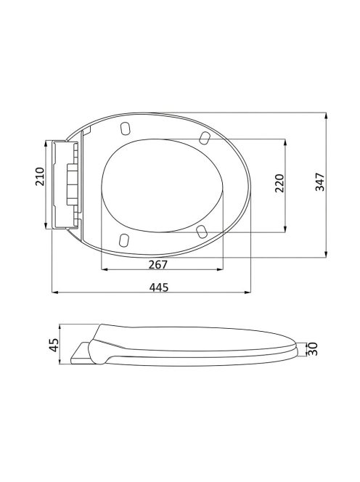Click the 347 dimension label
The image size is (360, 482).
pyautogui.click(x=320, y=182)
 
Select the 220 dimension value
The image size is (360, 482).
pyautogui.click(x=279, y=183)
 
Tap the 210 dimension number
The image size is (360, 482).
pyautogui.click(x=40, y=176)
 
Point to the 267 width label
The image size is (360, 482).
pyautogui.click(x=158, y=264)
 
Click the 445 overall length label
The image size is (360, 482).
pyautogui.click(x=159, y=287)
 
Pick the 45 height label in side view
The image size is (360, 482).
pyautogui.click(x=54, y=345)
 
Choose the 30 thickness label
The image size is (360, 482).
pyautogui.click(x=313, y=349)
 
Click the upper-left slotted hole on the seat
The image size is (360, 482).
pyautogui.click(x=125, y=128)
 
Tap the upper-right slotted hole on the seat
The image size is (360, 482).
pyautogui.click(x=205, y=137)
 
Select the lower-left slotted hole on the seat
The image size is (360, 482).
pyautogui.click(x=123, y=240)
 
